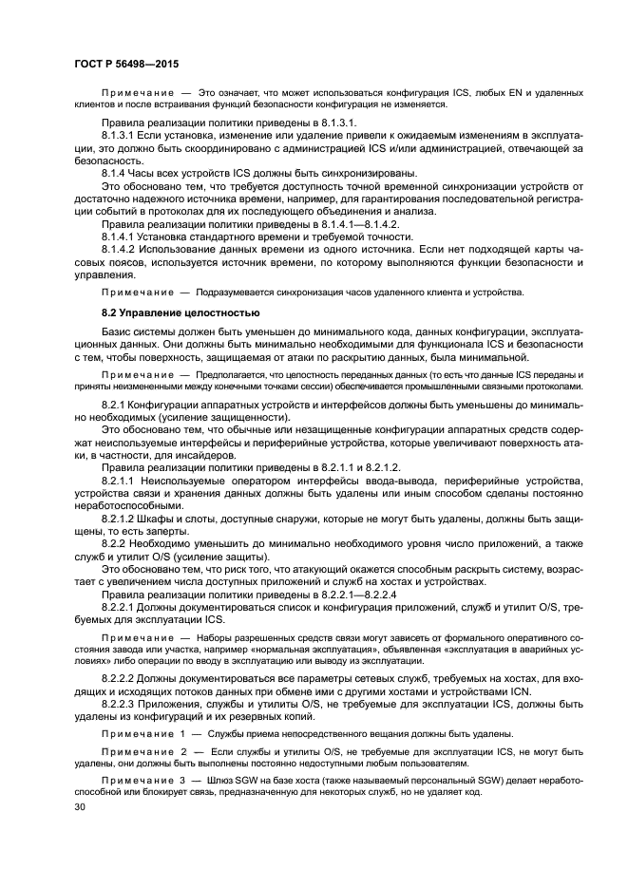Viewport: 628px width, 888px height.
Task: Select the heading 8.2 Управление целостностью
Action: [x=175, y=312]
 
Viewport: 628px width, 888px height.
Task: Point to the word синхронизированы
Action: [x=339, y=173]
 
